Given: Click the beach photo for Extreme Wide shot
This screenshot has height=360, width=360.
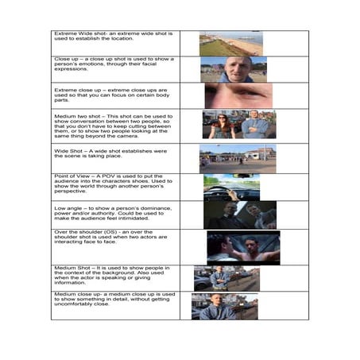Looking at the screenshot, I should [x=230, y=43].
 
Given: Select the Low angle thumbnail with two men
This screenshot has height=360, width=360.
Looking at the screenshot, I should [x=239, y=215].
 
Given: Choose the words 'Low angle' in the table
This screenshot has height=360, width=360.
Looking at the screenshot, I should [x=69, y=204].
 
